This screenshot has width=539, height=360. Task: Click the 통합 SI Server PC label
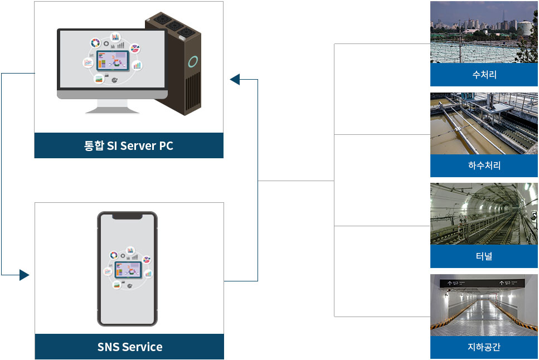point(129,146)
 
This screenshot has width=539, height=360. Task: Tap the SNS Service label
point(130,347)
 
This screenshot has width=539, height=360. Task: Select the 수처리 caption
point(484,75)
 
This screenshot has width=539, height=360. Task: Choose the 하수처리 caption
point(484,166)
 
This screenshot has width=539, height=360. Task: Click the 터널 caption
point(484,256)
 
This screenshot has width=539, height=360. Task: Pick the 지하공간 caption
point(484,347)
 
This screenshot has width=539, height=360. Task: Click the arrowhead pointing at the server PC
point(235,80)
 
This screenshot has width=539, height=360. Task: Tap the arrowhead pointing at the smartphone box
point(24,275)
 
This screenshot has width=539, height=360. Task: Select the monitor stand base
point(112,110)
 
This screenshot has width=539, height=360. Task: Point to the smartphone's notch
point(127,216)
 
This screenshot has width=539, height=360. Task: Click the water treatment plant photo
point(484,32)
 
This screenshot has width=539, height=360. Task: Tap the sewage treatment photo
point(484,124)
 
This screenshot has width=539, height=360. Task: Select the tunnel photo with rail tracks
point(484,214)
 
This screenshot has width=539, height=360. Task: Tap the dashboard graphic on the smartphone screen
point(128,269)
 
